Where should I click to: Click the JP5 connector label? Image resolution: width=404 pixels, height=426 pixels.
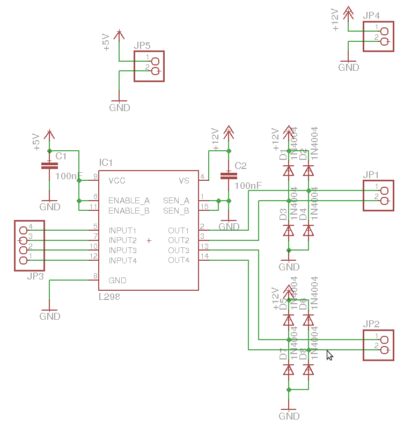[142, 46]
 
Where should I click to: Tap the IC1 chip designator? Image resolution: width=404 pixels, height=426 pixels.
[106, 163]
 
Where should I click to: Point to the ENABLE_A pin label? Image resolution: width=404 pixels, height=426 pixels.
[129, 201]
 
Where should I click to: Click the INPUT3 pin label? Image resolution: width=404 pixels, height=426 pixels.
[122, 251]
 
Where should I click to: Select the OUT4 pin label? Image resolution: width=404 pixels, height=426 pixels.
[179, 260]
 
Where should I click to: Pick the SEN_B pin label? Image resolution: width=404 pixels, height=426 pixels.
[176, 211]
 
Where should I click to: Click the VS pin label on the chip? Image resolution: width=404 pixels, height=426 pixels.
[184, 180]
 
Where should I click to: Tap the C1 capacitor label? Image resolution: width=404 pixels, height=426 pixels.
[61, 156]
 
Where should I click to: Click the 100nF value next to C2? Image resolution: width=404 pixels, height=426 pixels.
[248, 186]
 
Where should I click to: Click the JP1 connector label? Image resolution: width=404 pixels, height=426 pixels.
[371, 175]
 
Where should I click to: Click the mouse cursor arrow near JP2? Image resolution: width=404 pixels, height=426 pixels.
[329, 355]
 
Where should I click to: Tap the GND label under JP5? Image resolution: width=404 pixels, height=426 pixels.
[120, 107]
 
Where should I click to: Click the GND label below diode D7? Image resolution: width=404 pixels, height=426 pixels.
[289, 416]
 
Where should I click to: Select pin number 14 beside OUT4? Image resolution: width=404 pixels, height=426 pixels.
[204, 256]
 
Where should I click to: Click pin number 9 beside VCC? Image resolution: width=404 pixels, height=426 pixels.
[96, 177]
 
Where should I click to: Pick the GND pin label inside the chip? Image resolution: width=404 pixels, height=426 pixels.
[117, 280]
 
